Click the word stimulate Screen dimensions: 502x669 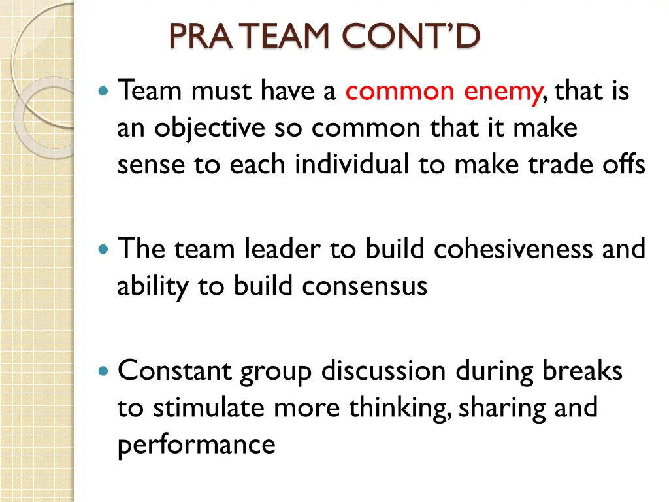point(210,408)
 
